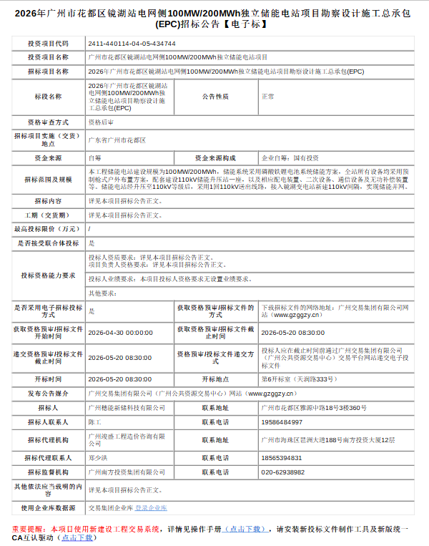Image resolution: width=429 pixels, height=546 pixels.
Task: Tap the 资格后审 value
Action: (100, 122)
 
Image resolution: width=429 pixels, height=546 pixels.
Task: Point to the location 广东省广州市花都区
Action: (117, 140)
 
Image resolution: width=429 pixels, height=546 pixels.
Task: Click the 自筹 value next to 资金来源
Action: (94, 157)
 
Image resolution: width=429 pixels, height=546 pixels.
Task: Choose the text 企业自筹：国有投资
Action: (290, 157)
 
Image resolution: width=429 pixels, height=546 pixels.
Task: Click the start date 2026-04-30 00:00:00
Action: (120, 333)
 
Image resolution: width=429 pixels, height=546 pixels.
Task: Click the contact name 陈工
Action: (94, 422)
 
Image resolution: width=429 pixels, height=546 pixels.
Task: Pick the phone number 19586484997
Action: (282, 422)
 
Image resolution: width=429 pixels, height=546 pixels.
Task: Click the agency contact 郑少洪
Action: (99, 457)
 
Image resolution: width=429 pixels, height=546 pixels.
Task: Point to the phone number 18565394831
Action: (282, 457)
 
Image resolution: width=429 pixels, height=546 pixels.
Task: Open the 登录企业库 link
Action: (151, 507)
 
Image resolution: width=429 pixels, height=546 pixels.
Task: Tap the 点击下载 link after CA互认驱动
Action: (77, 537)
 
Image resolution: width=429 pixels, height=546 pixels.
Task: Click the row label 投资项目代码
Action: (49, 43)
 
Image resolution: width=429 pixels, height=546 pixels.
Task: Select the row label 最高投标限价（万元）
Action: (49, 229)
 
